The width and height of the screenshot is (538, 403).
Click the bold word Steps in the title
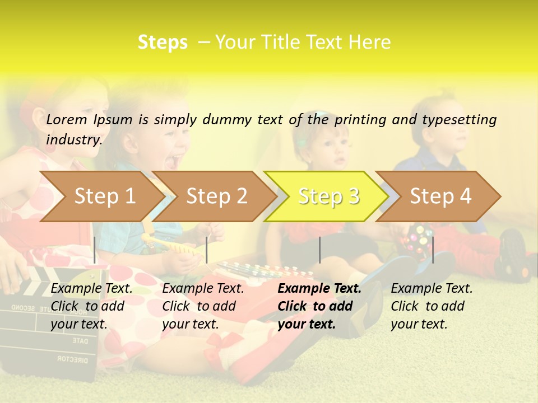[163, 43]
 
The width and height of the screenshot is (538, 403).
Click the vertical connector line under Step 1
[95, 250]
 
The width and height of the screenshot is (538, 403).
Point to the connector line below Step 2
[207, 250]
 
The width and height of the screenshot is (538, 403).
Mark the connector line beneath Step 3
[319, 250]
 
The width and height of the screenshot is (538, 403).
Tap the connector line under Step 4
[433, 250]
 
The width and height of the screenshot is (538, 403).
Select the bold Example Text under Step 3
[319, 306]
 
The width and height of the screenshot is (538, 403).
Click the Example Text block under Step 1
[91, 306]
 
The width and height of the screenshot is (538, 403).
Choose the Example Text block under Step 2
[203, 306]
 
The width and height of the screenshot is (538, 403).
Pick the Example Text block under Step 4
[432, 306]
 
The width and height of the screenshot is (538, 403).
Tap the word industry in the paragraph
[73, 140]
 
